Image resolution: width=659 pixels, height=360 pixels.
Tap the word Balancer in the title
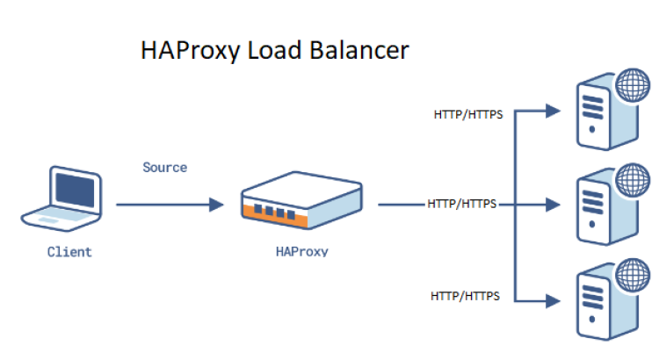(359, 50)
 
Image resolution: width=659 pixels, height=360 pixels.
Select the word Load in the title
(269, 50)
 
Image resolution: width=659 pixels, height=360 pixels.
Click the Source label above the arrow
(165, 167)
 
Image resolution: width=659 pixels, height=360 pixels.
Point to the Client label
(69, 252)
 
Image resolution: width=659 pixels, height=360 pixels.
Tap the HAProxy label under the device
(301, 251)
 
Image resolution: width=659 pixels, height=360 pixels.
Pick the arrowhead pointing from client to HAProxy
(216, 205)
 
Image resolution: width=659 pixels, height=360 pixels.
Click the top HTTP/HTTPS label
(467, 115)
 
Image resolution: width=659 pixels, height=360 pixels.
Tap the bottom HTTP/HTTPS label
(465, 297)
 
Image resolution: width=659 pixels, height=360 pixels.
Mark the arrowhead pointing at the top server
(553, 112)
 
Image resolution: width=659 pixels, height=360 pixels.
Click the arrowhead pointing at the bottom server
(553, 300)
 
